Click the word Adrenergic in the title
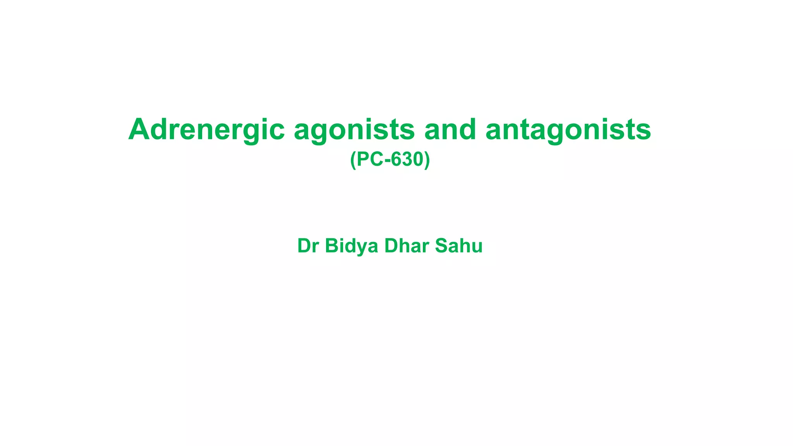click(x=206, y=129)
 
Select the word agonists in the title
click(x=354, y=130)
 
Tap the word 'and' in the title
click(x=450, y=129)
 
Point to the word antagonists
click(x=568, y=130)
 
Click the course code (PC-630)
click(x=390, y=159)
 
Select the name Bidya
click(x=351, y=246)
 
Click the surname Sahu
click(x=459, y=246)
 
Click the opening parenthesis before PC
click(x=353, y=160)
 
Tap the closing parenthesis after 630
click(x=427, y=160)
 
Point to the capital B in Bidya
click(x=331, y=246)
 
